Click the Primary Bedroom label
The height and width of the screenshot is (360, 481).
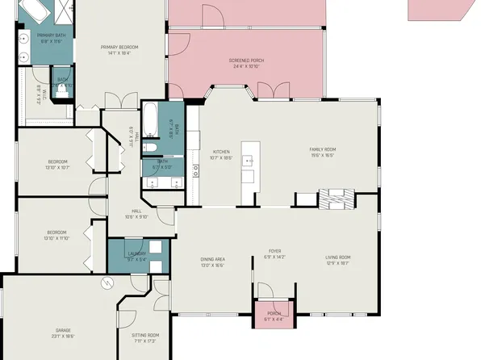click(x=119, y=48)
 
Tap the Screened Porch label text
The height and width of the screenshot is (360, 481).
click(x=247, y=61)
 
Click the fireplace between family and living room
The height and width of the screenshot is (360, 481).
click(x=335, y=199)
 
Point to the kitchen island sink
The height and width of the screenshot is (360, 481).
click(x=249, y=159)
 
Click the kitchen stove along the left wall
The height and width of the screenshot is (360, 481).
click(x=195, y=170)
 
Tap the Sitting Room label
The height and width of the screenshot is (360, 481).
click(x=146, y=334)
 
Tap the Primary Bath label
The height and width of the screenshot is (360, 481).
click(x=50, y=36)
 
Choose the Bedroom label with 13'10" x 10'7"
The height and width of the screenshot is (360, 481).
click(x=56, y=161)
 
